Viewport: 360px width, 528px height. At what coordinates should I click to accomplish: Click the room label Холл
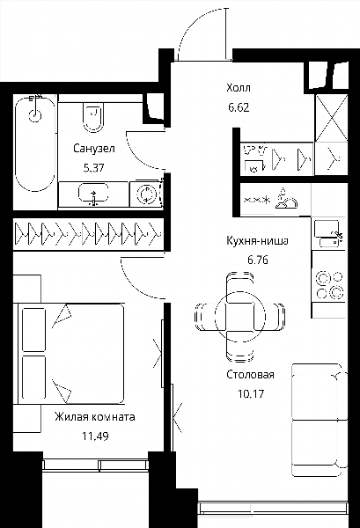coord(239,88)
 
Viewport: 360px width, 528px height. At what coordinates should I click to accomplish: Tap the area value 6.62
coord(239,107)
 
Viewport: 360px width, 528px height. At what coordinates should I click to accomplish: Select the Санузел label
coord(94,149)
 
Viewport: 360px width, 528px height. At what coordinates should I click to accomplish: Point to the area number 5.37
coord(94,168)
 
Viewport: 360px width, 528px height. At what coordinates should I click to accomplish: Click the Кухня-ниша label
coord(257,241)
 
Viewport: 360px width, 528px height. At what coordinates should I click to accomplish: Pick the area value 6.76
coord(258,260)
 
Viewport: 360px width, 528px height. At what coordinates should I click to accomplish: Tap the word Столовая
coord(250,375)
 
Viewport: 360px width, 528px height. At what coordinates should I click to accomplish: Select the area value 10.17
coord(251,393)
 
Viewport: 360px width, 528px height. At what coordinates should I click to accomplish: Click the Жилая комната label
coord(95,417)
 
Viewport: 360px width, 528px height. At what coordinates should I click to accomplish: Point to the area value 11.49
coord(95,436)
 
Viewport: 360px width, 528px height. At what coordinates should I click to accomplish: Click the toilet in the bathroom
coord(93,116)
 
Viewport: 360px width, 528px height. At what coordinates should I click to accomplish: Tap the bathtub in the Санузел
coord(35,143)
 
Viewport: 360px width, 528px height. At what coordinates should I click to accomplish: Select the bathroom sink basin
coord(93,194)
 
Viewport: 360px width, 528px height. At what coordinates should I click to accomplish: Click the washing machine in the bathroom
coord(145,194)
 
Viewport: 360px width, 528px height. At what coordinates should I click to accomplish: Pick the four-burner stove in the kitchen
coord(329,285)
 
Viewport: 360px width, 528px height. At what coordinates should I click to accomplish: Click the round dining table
coord(239,317)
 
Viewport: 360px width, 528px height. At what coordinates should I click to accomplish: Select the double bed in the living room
coord(70,354)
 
